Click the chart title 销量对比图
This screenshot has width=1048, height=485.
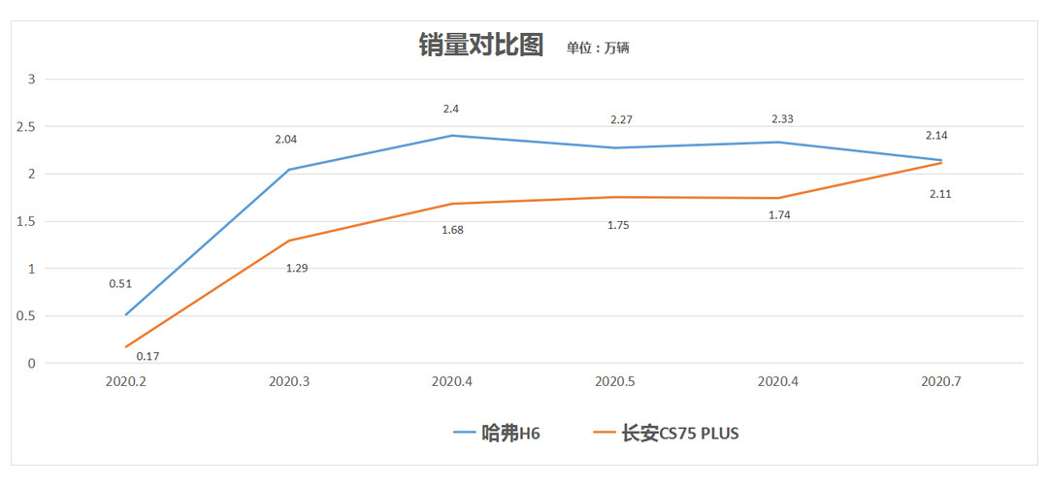click(480, 45)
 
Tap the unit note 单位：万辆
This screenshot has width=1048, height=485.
click(598, 48)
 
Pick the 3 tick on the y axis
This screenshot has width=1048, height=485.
click(31, 79)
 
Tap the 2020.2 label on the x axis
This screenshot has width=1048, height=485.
click(126, 381)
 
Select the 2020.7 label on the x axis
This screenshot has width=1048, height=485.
click(941, 381)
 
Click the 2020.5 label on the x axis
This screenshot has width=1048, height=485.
click(615, 381)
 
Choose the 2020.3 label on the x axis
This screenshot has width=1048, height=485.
click(289, 381)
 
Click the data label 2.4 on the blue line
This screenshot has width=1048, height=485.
click(452, 110)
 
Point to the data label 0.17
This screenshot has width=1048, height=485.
click(148, 356)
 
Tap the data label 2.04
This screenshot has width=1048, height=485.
click(285, 140)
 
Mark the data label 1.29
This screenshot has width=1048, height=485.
click(298, 267)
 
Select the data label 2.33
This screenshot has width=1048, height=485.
click(782, 118)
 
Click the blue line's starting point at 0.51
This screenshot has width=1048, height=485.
click(126, 314)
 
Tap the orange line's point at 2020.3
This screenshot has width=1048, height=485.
click(289, 241)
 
